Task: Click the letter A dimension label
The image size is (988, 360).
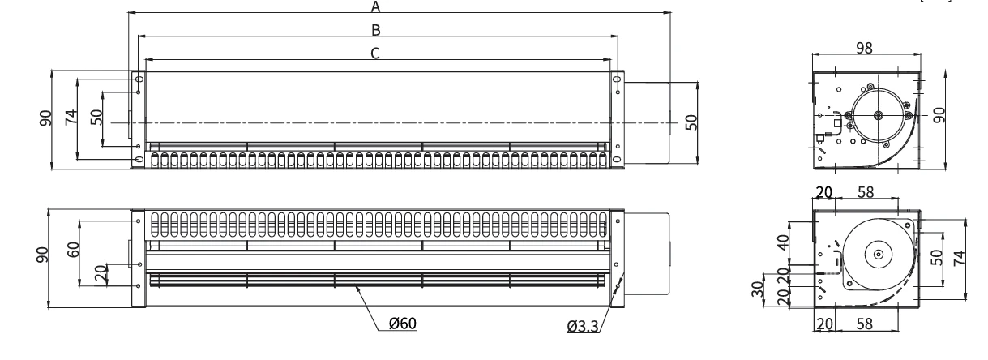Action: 375,6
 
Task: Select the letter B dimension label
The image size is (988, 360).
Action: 376,30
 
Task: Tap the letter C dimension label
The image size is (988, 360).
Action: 375,54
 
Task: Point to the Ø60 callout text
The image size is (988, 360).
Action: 402,324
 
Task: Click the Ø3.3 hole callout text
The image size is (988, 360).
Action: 583,327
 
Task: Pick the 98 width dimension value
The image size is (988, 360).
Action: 864,48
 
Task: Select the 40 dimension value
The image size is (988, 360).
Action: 783,242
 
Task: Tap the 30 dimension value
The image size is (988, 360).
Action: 758,289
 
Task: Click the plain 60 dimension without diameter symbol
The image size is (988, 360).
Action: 73,249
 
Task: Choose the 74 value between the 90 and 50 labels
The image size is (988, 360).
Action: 71,118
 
